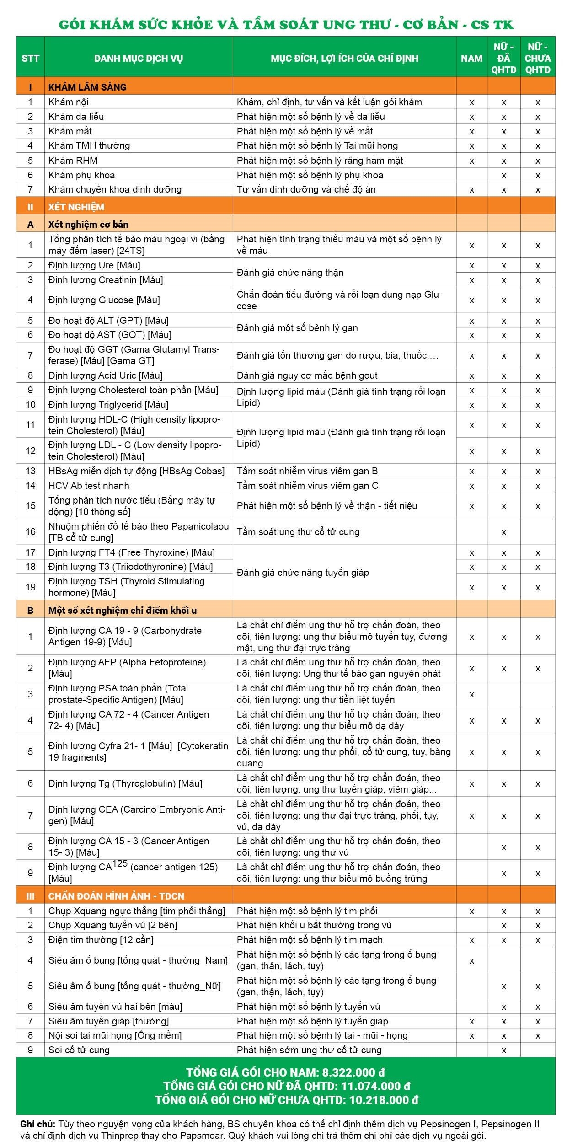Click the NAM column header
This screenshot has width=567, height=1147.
[x=471, y=58]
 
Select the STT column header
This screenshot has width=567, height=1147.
[x=30, y=58]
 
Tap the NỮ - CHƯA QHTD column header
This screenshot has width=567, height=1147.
[x=538, y=58]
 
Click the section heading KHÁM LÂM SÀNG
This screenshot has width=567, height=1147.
[x=87, y=87]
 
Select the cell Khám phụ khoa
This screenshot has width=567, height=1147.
[x=81, y=175]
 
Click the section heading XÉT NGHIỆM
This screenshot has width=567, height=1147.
[x=76, y=207]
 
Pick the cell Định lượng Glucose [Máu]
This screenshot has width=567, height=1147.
[x=104, y=300]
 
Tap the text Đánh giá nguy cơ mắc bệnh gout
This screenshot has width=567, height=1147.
[x=307, y=375]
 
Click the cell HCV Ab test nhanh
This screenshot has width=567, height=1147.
[x=89, y=486]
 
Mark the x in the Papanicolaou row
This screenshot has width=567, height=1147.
[x=503, y=532]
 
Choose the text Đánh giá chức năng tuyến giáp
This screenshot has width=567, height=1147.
[x=303, y=573]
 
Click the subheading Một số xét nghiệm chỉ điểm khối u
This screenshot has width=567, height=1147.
[x=123, y=611]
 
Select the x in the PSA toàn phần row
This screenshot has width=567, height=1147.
[x=471, y=694]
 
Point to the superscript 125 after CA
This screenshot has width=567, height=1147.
[x=120, y=863]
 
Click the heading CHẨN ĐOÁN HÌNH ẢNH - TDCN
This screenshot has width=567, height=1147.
[x=116, y=896]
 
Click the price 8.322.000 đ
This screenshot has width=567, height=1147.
[x=353, y=1072]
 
